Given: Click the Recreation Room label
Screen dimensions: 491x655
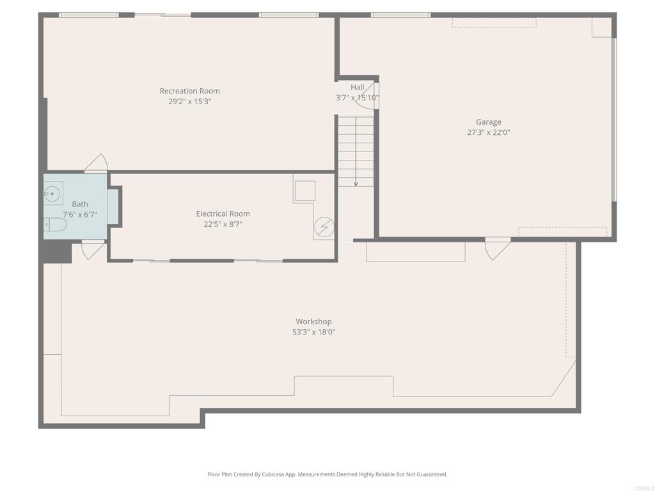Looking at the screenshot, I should (189, 91).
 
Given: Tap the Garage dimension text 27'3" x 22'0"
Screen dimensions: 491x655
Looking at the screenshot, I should (488, 133).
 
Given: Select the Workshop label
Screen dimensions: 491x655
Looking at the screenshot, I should (313, 322).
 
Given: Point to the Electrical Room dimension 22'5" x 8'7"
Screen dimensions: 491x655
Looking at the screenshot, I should (223, 224).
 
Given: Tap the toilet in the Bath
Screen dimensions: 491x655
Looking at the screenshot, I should (55, 224).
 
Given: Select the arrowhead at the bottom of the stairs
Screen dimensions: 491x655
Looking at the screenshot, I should (356, 184).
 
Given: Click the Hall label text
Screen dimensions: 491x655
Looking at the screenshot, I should (357, 87).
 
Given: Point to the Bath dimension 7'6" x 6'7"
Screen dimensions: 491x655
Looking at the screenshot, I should (79, 215).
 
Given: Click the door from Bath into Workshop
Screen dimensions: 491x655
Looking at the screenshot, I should (93, 249).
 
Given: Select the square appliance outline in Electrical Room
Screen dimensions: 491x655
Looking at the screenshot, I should (304, 191).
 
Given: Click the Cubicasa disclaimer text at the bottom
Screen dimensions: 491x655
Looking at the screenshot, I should (327, 474).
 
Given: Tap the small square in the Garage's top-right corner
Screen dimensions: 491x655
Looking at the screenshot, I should (601, 27).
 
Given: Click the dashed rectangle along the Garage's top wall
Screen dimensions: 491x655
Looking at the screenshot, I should (494, 22).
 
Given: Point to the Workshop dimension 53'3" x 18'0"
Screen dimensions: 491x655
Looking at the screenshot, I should (313, 332).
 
